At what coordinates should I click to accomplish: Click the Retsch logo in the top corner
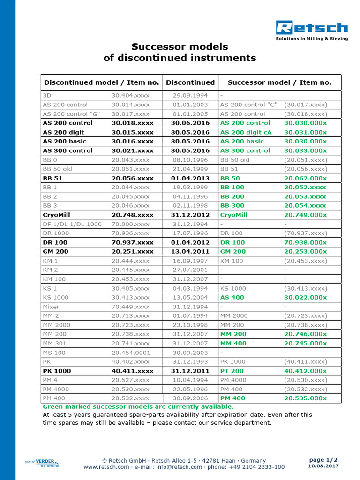pyautogui.click(x=312, y=30)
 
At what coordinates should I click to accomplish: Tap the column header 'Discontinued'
pyautogui.click(x=190, y=82)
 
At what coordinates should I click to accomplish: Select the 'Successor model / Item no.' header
pyautogui.click(x=279, y=82)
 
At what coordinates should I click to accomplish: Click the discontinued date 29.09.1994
pyautogui.click(x=190, y=96)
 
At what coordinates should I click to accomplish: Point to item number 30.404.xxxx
pyautogui.click(x=131, y=96)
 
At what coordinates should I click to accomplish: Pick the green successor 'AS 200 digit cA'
pyautogui.click(x=246, y=132)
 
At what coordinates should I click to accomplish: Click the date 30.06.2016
pyautogui.click(x=190, y=123)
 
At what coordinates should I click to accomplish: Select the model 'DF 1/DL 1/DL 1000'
pyautogui.click(x=72, y=224)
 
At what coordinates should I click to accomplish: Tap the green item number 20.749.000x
pyautogui.click(x=305, y=215)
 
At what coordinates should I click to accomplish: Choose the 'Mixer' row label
pyautogui.click(x=51, y=307)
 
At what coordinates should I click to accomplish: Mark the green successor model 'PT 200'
pyautogui.click(x=232, y=371)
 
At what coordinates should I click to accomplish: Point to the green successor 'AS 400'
pyautogui.click(x=232, y=298)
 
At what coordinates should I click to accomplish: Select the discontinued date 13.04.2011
pyautogui.click(x=190, y=252)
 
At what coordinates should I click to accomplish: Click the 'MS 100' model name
pyautogui.click(x=54, y=352)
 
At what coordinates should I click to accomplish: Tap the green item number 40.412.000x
pyautogui.click(x=305, y=371)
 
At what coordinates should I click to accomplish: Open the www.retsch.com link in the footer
pyautogui.click(x=106, y=467)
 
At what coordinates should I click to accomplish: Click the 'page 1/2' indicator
pyautogui.click(x=323, y=459)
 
